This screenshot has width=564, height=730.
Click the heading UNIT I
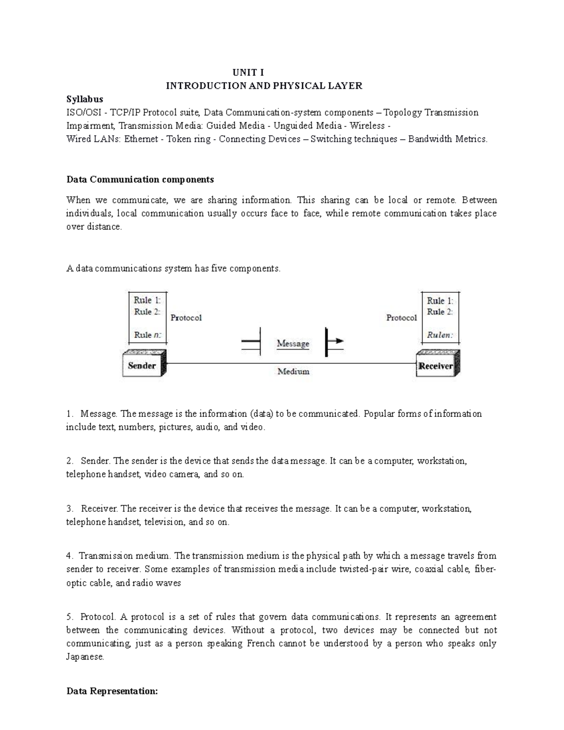coord(248,72)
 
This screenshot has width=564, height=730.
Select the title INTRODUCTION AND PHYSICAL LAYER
coord(264,86)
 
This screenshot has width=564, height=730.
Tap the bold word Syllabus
coord(85,99)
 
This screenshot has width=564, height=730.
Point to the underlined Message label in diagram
coord(293,344)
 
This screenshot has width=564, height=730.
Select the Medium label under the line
coord(293,371)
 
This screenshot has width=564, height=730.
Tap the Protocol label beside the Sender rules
coord(186,318)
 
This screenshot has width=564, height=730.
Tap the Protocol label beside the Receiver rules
coord(401,318)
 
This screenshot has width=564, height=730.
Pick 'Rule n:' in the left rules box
coord(147,335)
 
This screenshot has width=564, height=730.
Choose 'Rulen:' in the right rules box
coord(439,335)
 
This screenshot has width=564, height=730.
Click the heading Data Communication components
coord(140,180)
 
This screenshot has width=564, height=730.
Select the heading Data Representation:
coord(112,691)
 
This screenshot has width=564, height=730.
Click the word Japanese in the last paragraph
coord(85,657)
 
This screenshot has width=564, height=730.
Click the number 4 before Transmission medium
coord(69,556)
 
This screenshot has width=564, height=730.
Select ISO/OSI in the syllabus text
coord(83,112)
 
